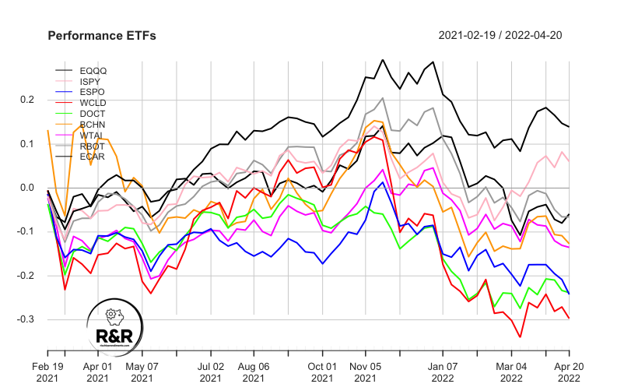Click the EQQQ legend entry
pos(93,70)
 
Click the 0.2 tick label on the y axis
pos(29,100)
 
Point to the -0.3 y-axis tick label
pos(27,319)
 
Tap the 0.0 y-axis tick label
pos(29,188)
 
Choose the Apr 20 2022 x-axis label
pos(568,371)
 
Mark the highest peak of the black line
pos(382,59)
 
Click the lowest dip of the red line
pos(520,337)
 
